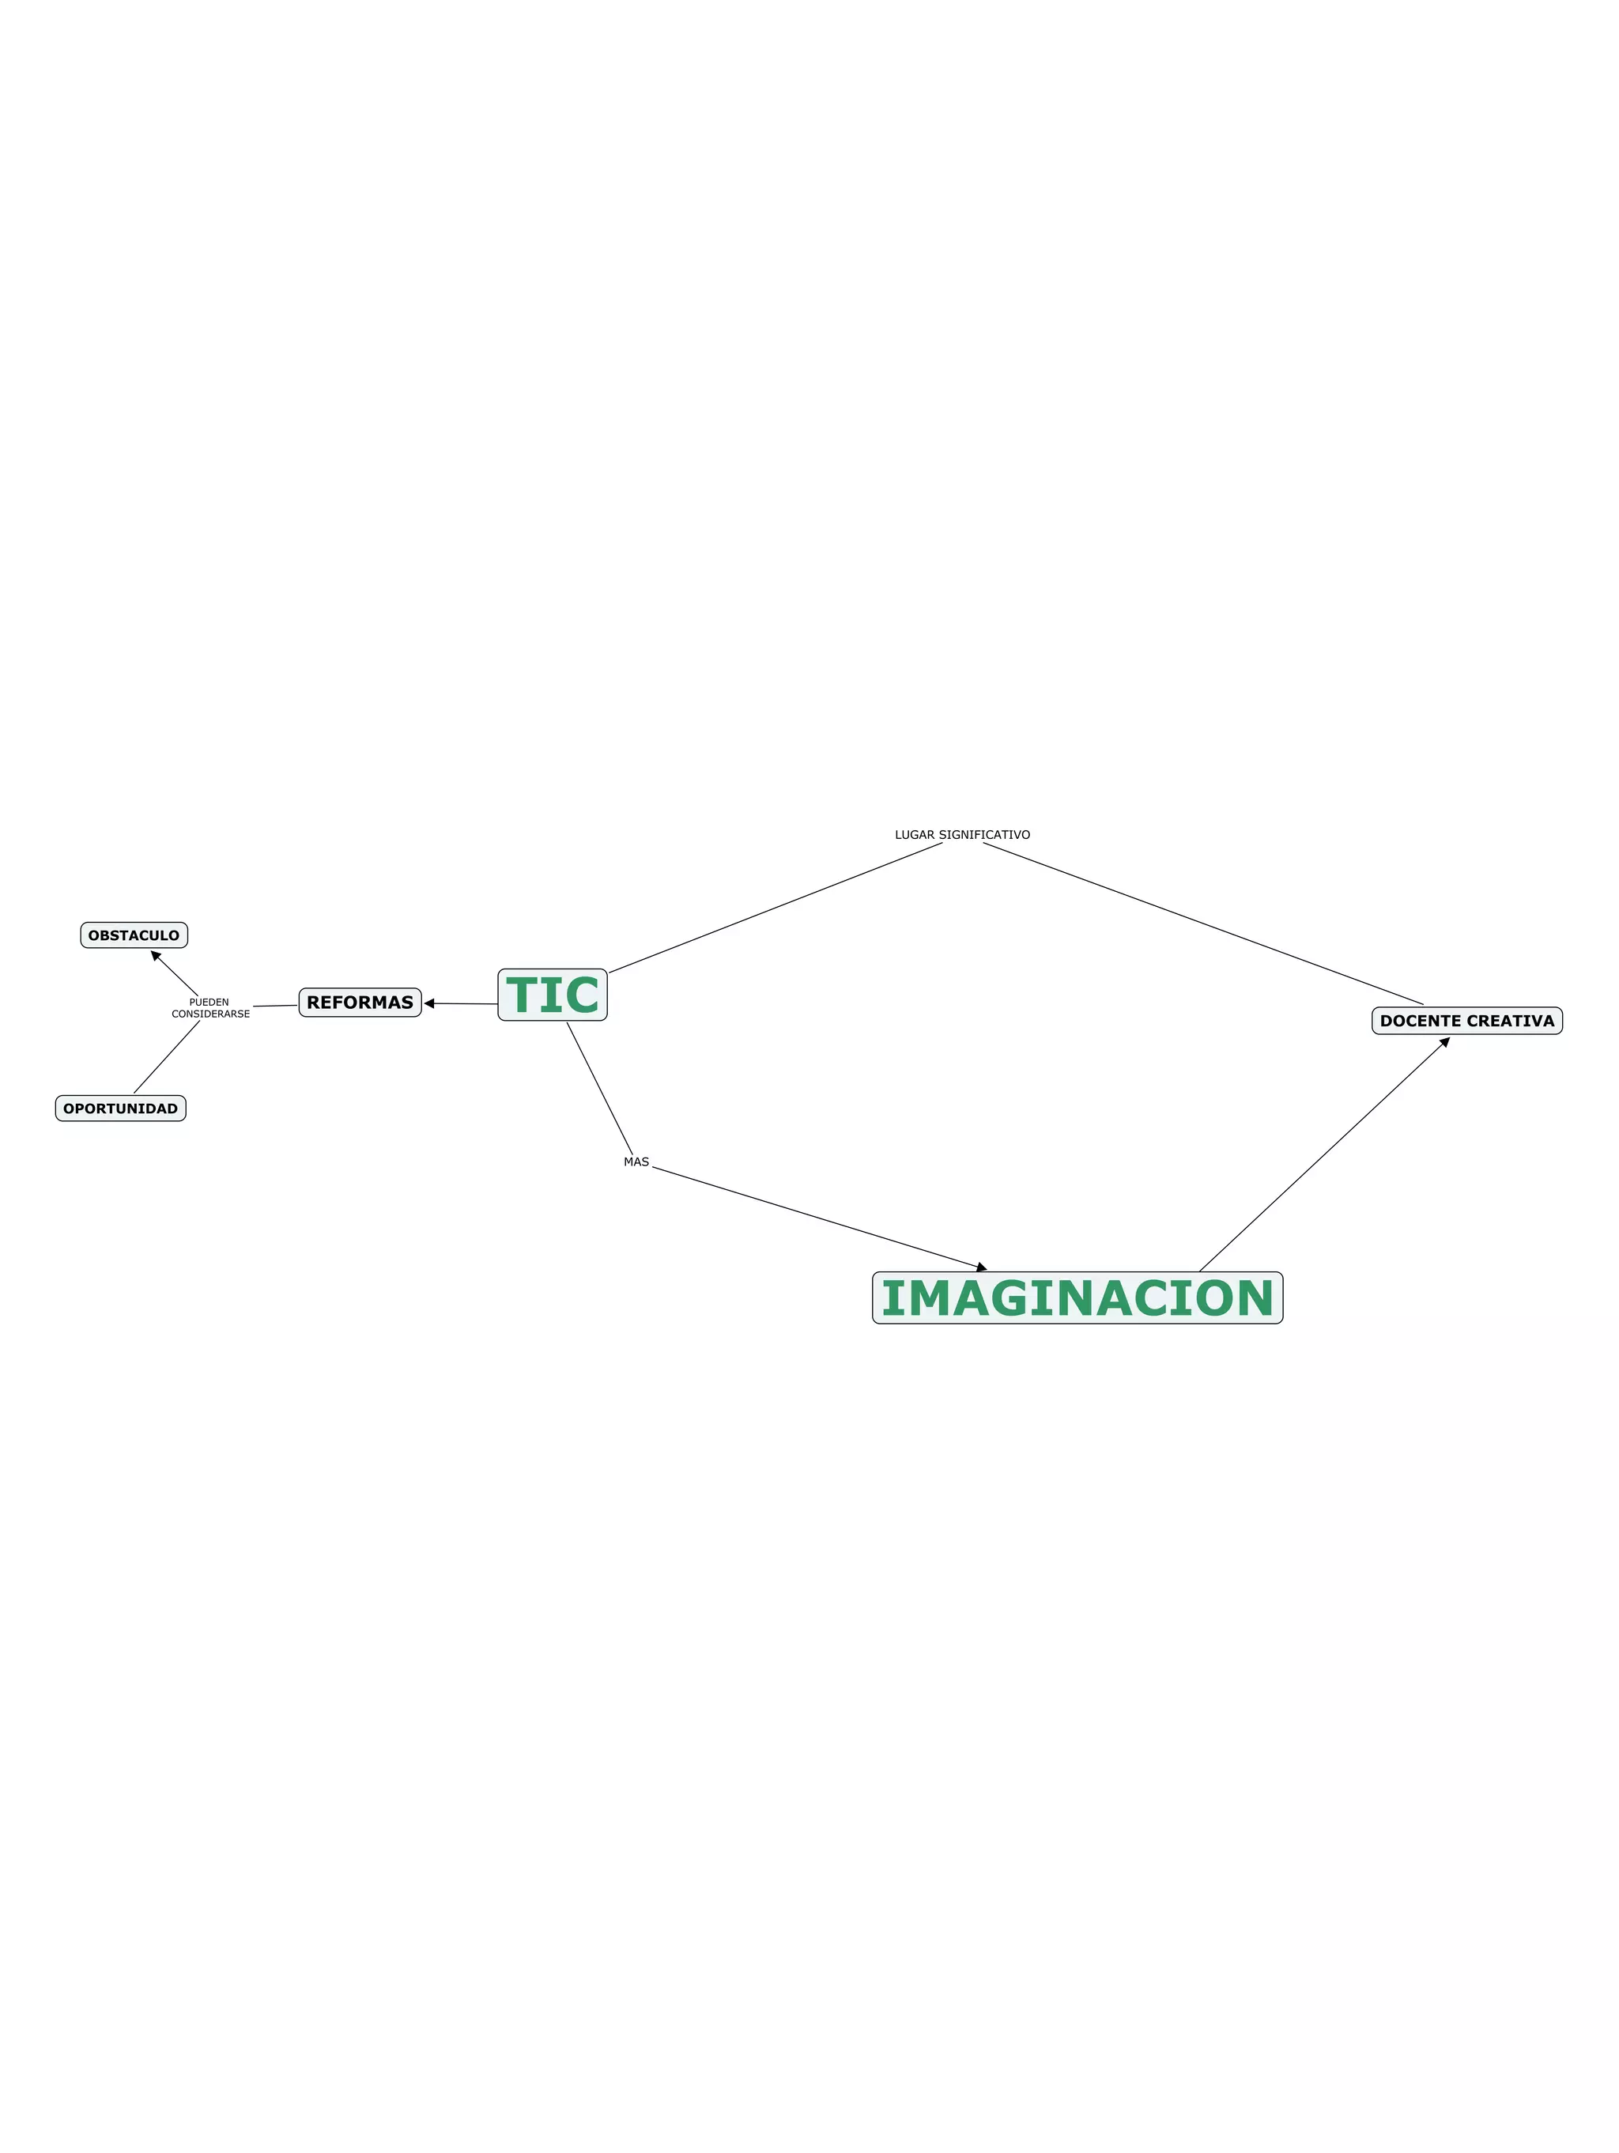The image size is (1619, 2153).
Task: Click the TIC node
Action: coord(552,995)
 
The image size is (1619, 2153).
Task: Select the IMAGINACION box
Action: coord(1077,1297)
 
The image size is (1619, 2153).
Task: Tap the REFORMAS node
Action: coord(360,1003)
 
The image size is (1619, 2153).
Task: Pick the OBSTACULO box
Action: coord(134,935)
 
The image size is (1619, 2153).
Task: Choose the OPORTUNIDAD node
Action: coord(121,1109)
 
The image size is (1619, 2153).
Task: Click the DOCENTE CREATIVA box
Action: coord(1466,1021)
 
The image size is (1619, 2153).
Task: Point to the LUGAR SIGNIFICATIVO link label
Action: coord(962,835)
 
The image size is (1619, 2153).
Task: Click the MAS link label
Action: coord(636,1162)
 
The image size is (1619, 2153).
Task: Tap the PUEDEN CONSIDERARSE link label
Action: coord(210,1008)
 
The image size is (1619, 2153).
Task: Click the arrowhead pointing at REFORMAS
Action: coord(429,1003)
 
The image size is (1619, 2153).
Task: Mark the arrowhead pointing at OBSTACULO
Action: coord(156,957)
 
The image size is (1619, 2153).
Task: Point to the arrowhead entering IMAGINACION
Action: coord(982,1267)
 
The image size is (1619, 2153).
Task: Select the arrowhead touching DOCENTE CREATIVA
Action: coord(1445,1042)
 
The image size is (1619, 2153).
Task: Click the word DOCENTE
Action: coord(1421,1021)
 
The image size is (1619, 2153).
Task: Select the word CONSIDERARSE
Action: coord(210,1014)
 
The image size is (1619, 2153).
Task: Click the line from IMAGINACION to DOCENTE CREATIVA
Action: coord(1323,1155)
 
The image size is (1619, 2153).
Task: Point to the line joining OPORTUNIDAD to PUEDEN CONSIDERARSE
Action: coord(166,1057)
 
